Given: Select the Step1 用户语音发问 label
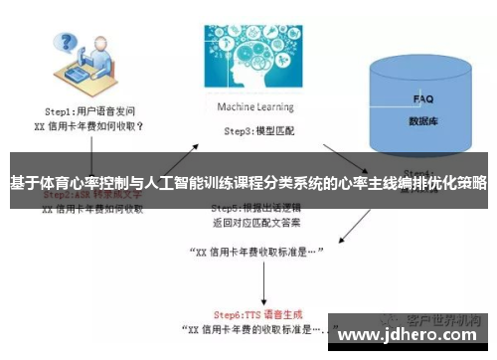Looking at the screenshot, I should tap(91, 114).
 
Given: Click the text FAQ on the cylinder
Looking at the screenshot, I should tap(422, 99).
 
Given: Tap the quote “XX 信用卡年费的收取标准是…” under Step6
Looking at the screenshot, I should tap(254, 327).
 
